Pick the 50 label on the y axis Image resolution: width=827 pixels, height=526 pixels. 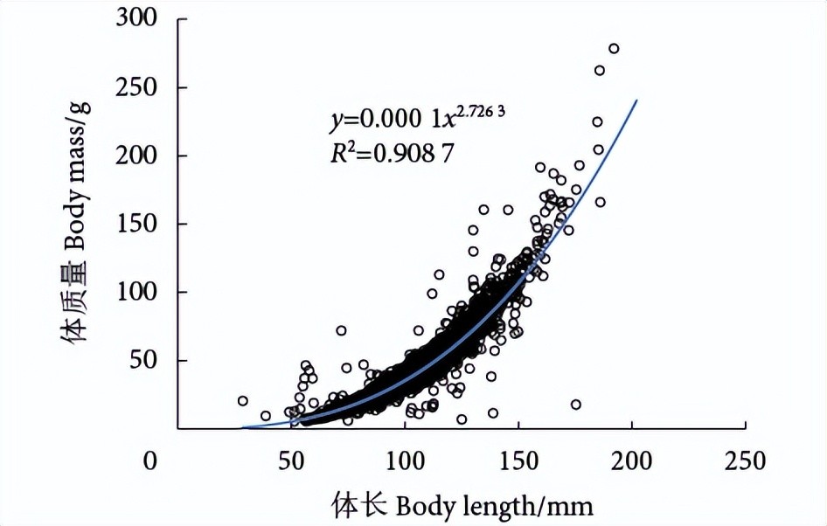tap(146, 360)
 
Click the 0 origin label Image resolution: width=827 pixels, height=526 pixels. tap(152, 460)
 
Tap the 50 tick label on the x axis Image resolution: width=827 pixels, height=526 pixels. tap(290, 460)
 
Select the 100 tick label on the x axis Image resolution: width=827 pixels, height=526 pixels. tap(405, 460)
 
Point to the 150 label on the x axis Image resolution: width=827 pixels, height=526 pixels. tap(518, 460)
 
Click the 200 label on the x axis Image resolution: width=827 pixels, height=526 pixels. tap(632, 460)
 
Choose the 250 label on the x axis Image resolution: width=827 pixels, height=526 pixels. tap(746, 460)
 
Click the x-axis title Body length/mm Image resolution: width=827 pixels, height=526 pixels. tap(462, 505)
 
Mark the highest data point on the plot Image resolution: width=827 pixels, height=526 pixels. tap(614, 48)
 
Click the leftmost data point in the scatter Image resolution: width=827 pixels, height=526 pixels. tap(243, 400)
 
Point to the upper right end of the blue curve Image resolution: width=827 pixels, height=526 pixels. tap(636, 100)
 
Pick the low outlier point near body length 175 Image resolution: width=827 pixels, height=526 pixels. tap(575, 404)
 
